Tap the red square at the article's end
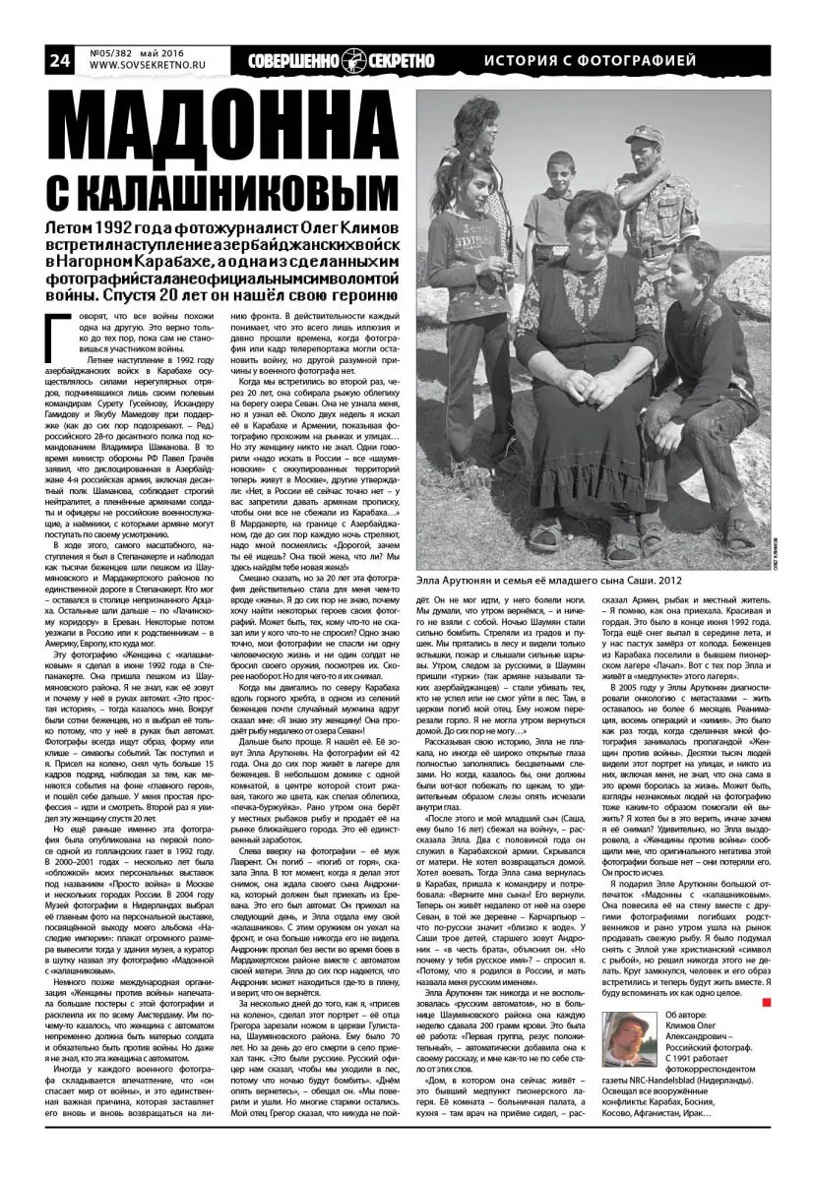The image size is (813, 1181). coord(765,975)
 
